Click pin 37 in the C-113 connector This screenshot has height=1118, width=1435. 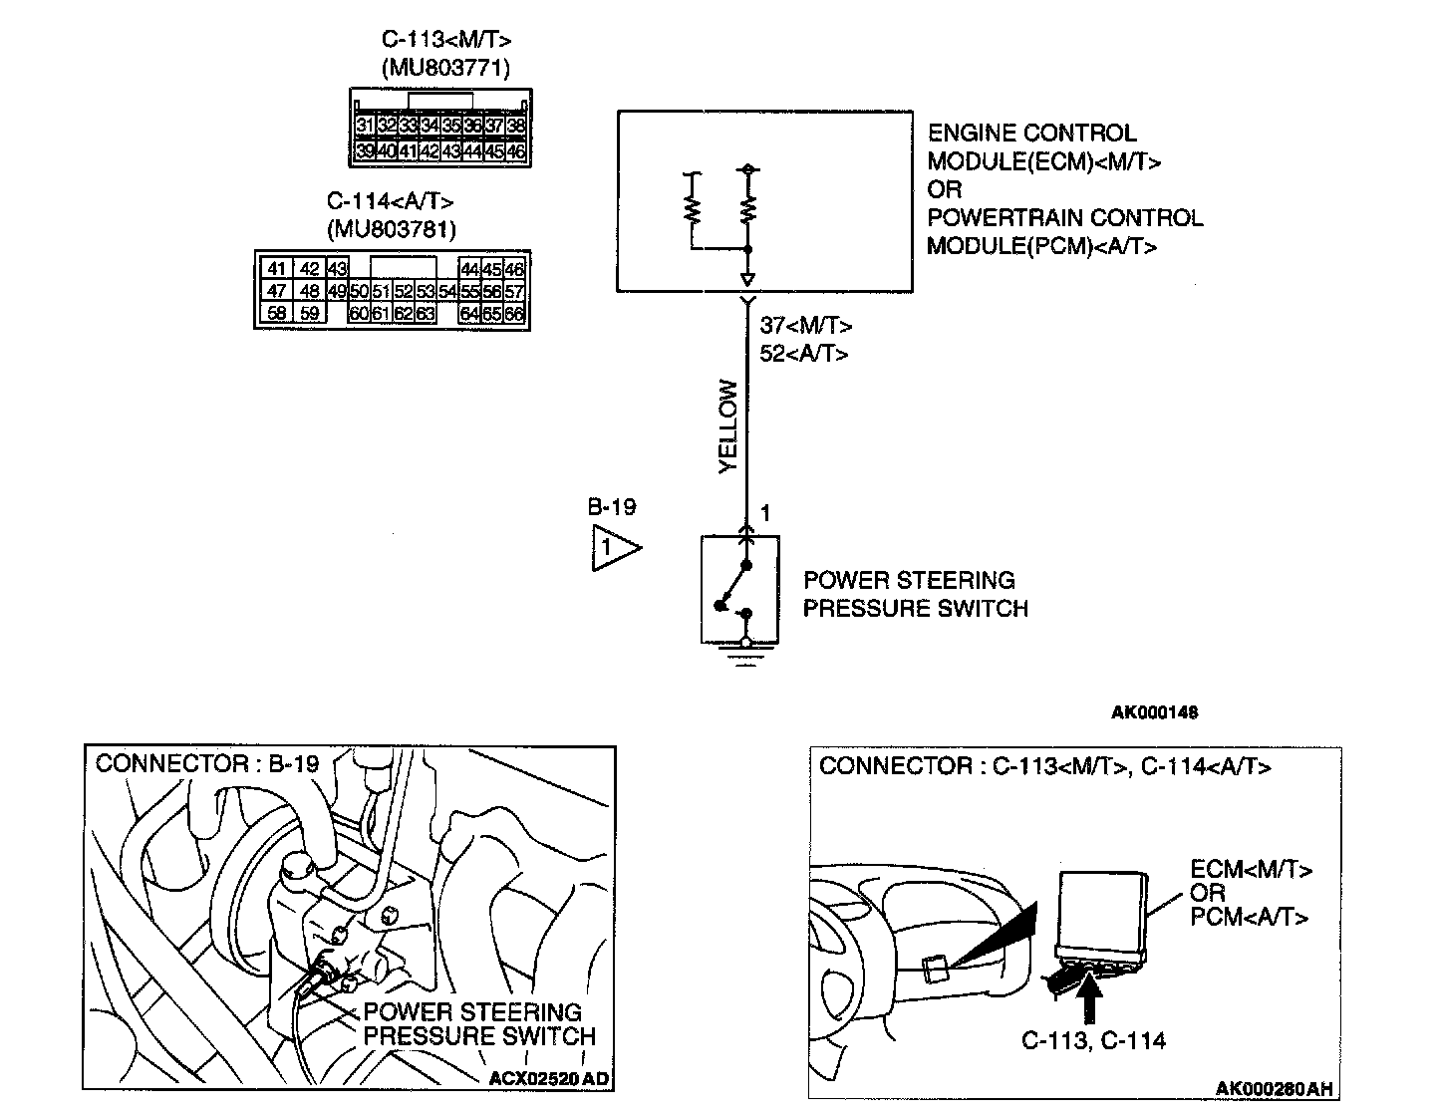pos(494,127)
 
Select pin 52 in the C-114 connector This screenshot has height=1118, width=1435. pos(404,292)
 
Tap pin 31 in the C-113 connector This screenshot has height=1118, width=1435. pos(365,127)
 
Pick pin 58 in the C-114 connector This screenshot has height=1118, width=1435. pos(277,314)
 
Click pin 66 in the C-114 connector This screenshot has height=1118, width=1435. pos(514,314)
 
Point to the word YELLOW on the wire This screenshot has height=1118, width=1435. pos(728,426)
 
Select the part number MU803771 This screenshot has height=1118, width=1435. pos(444,68)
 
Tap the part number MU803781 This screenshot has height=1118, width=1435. pos(391,229)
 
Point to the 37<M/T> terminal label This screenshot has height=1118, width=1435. pos(805,326)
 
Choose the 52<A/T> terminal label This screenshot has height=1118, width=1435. pos(803,353)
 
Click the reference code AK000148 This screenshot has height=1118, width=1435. pos(1154,712)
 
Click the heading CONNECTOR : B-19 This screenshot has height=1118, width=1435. pos(207,763)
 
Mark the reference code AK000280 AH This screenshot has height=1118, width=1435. pos(1274,1088)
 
